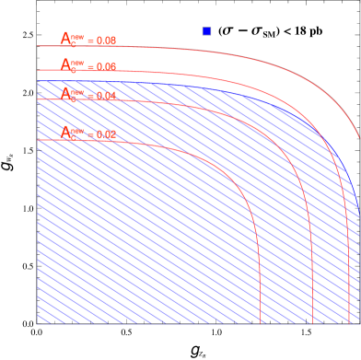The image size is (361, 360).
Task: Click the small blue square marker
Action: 206,31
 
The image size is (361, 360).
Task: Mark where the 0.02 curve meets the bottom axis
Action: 261,323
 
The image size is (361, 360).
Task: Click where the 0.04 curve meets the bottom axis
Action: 313,323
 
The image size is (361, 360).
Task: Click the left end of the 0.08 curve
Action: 38,46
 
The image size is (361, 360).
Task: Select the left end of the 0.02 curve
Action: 38,140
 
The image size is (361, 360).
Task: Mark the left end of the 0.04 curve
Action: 38,99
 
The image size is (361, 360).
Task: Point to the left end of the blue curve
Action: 38,82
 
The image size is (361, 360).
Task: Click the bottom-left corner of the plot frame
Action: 37,324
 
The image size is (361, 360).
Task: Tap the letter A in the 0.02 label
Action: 65,133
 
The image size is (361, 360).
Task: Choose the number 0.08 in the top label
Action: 105,41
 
